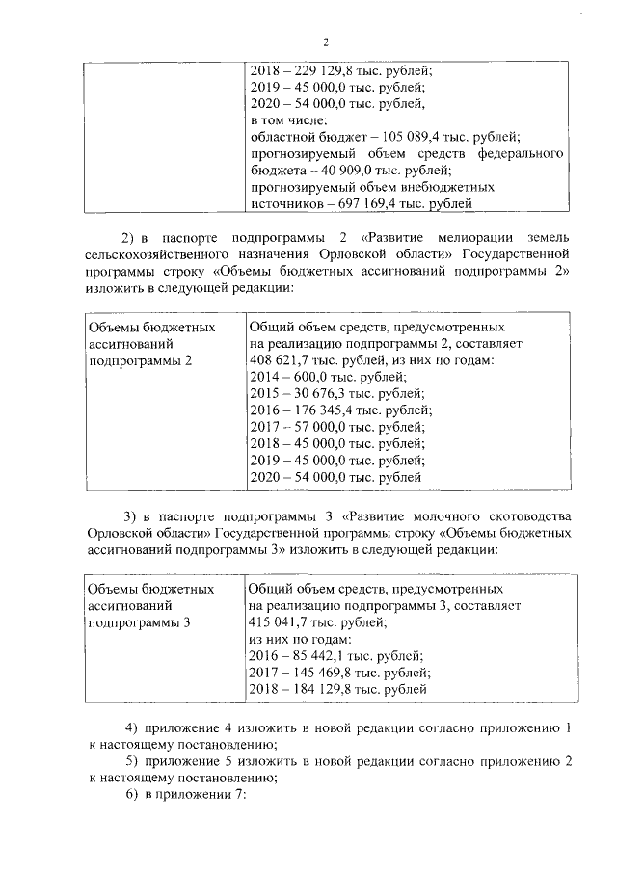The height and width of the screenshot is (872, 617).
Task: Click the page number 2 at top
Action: (325, 42)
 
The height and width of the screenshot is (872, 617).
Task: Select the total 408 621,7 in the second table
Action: (279, 361)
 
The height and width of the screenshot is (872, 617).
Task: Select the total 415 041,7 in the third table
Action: (279, 622)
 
